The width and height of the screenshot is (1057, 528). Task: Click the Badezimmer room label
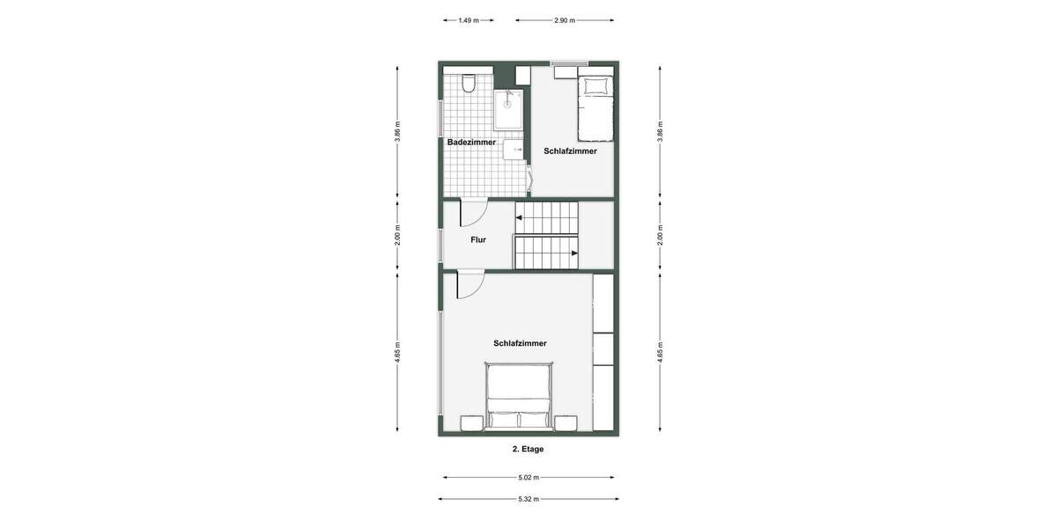[471, 142]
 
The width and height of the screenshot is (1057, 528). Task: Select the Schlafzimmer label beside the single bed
[570, 150]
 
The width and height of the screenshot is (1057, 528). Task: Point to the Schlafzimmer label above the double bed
[520, 343]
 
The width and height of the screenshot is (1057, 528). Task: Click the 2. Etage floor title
[528, 449]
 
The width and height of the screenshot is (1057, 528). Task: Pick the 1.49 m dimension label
[469, 20]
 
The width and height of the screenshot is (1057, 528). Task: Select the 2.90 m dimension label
[565, 20]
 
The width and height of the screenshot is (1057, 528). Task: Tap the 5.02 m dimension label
[528, 478]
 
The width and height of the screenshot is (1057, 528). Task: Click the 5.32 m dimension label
[528, 499]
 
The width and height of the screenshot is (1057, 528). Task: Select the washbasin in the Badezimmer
[514, 150]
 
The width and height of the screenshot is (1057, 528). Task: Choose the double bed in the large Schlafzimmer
[520, 398]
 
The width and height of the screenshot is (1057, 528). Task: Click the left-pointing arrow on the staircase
[520, 216]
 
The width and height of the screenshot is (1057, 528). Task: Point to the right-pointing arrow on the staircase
[573, 253]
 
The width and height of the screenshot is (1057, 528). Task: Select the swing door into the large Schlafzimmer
[469, 284]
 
